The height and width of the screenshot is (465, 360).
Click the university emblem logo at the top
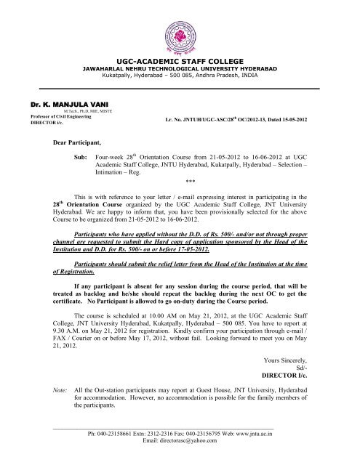tap(180, 28)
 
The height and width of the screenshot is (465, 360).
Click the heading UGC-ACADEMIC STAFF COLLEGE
tap(180, 63)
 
